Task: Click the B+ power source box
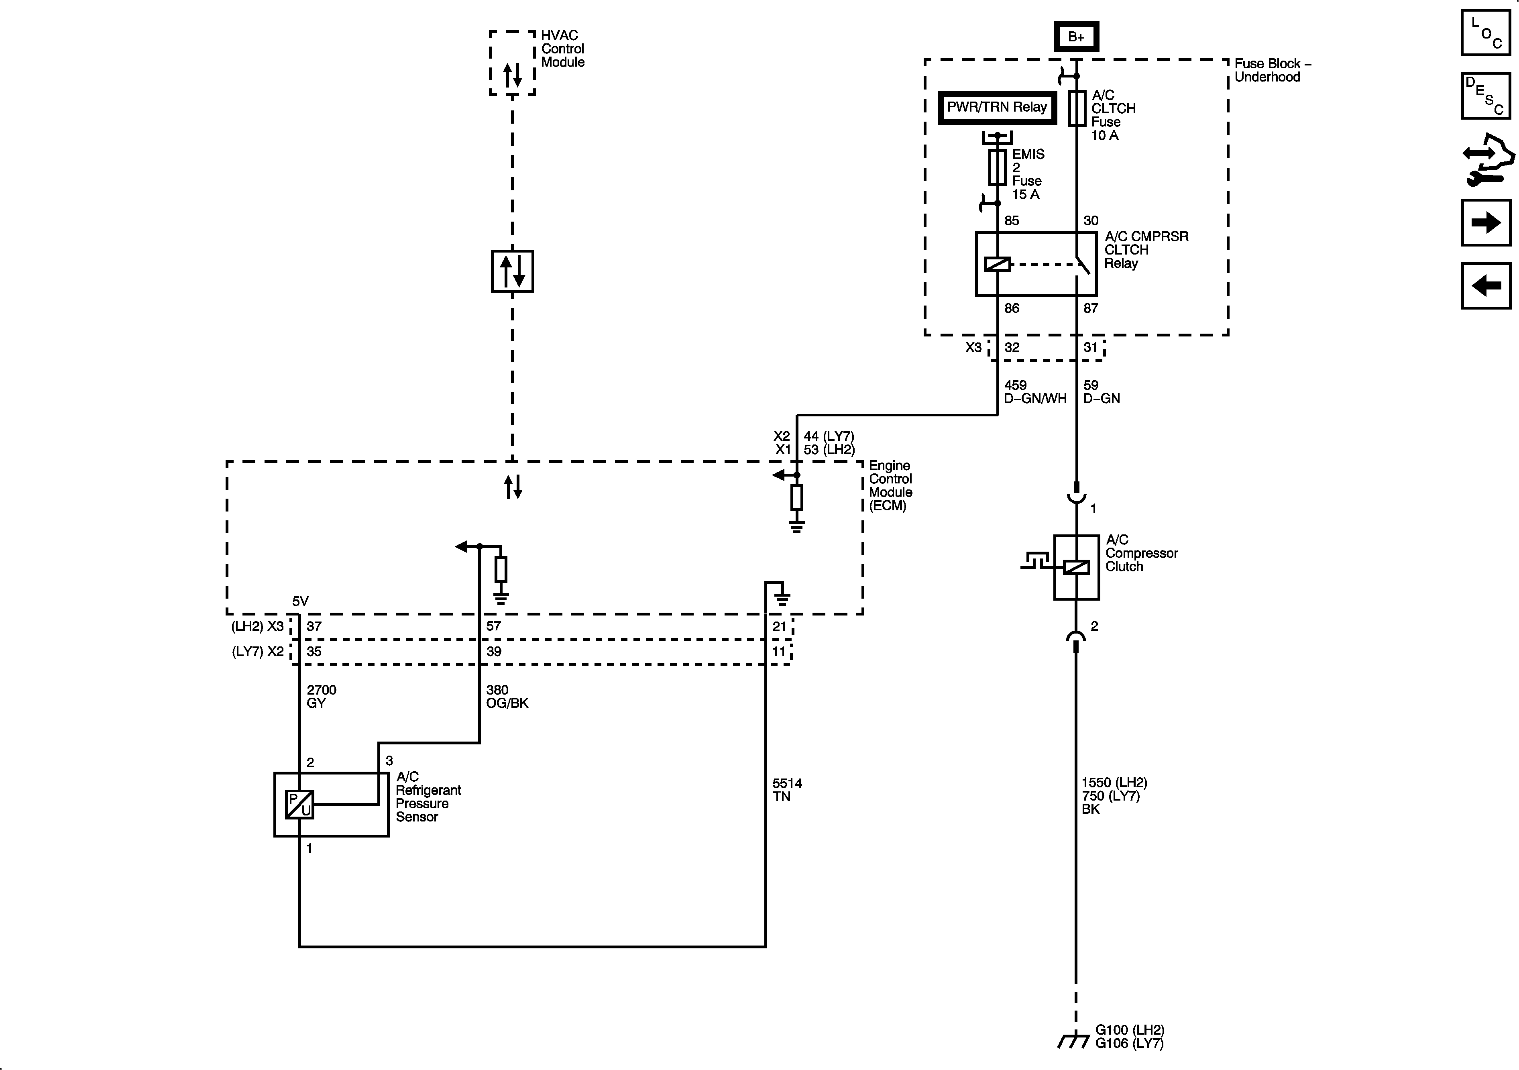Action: point(1076,37)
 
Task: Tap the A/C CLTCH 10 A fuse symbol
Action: point(1076,108)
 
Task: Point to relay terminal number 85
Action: point(1012,221)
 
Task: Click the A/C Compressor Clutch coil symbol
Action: point(1076,567)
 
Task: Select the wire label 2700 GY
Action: point(322,696)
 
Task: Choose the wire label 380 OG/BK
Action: point(507,696)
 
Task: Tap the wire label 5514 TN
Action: point(787,789)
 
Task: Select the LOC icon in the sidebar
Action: point(1485,33)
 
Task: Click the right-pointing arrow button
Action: point(1485,223)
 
